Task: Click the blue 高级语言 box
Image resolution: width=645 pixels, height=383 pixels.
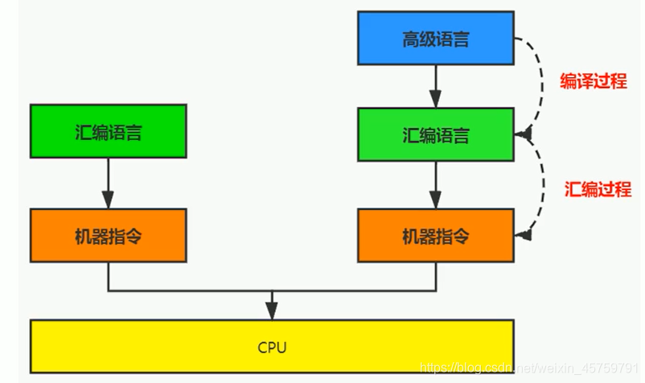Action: (435, 38)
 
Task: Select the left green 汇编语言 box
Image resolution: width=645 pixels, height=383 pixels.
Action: (108, 131)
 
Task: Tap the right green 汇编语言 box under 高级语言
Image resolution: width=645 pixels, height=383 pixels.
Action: (435, 134)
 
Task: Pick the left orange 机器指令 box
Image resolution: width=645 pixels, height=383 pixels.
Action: (108, 236)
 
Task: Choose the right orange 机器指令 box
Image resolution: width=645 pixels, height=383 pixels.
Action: (435, 236)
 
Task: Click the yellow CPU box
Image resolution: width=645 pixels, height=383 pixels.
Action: (272, 347)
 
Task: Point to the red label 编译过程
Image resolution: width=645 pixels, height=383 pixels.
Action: (593, 81)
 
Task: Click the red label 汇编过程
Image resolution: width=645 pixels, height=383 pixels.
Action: (598, 190)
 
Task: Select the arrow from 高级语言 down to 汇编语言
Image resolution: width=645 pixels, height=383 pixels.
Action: (435, 85)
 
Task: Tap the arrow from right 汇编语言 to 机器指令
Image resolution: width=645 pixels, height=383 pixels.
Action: (435, 184)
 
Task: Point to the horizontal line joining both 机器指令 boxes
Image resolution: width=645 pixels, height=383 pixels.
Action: (272, 290)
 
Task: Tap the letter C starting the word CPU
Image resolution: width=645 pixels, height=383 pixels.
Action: (262, 348)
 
